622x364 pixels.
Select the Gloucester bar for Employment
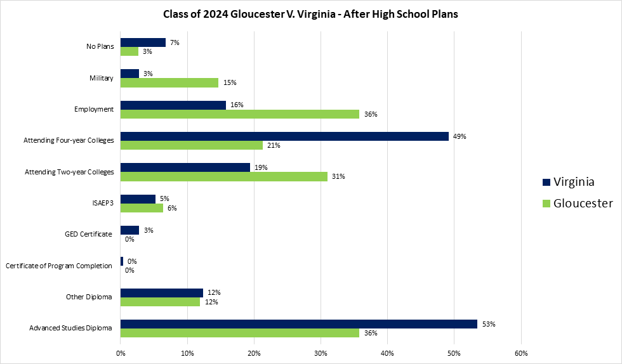tap(240, 114)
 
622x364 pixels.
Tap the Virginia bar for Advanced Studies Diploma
tap(298, 323)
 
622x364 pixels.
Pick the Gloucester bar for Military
tap(169, 82)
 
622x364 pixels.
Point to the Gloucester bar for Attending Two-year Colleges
tap(224, 176)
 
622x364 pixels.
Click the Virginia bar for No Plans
tap(143, 42)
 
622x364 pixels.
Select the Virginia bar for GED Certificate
tap(129, 230)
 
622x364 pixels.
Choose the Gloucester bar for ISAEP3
tap(142, 207)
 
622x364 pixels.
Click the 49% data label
tap(460, 136)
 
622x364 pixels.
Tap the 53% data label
tap(488, 323)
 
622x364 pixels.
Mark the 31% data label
tap(338, 176)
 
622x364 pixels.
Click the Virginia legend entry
tap(569, 182)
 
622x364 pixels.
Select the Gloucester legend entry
tap(577, 204)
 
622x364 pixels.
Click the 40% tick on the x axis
tap(387, 353)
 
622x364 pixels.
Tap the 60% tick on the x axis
tap(520, 353)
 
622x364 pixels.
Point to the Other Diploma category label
tap(89, 297)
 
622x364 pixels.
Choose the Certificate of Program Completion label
tap(59, 266)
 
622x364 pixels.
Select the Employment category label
tap(94, 109)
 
